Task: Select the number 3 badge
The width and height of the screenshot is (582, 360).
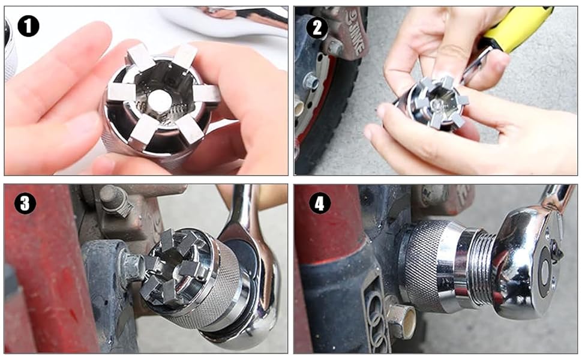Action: coord(25,203)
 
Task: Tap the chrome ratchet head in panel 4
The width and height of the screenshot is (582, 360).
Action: coord(528,258)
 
